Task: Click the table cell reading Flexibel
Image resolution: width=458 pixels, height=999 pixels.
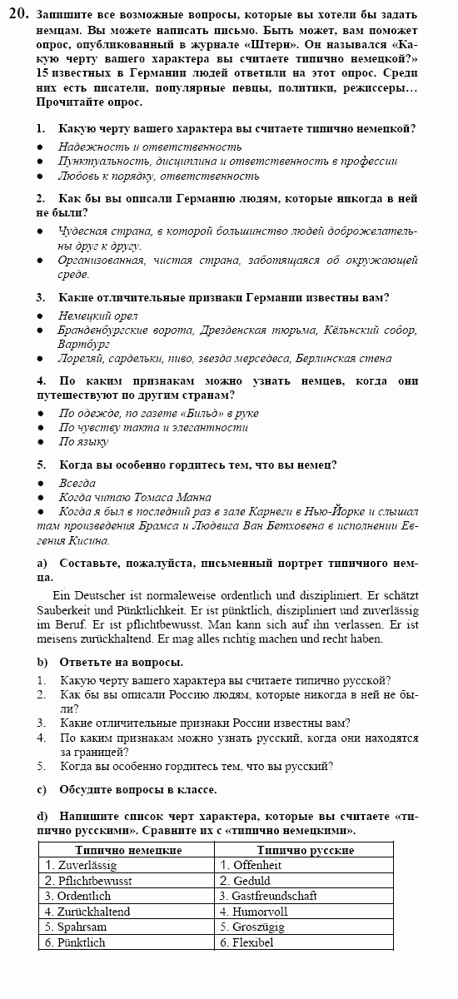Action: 246,942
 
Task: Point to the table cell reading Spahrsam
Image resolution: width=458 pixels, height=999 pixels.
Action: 76,927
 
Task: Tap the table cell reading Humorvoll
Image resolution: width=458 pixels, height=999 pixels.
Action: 251,912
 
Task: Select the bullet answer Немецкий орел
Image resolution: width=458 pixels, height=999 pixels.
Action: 98,316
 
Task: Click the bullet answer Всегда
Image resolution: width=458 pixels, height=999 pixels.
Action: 77,483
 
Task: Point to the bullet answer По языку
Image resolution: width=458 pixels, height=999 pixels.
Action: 83,442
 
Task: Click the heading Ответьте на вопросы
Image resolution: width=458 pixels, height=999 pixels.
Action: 121,662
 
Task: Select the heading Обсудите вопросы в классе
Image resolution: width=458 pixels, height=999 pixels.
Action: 137,789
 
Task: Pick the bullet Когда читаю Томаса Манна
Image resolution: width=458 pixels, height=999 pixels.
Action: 135,497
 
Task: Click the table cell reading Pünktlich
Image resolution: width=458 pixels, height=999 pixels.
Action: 76,942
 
